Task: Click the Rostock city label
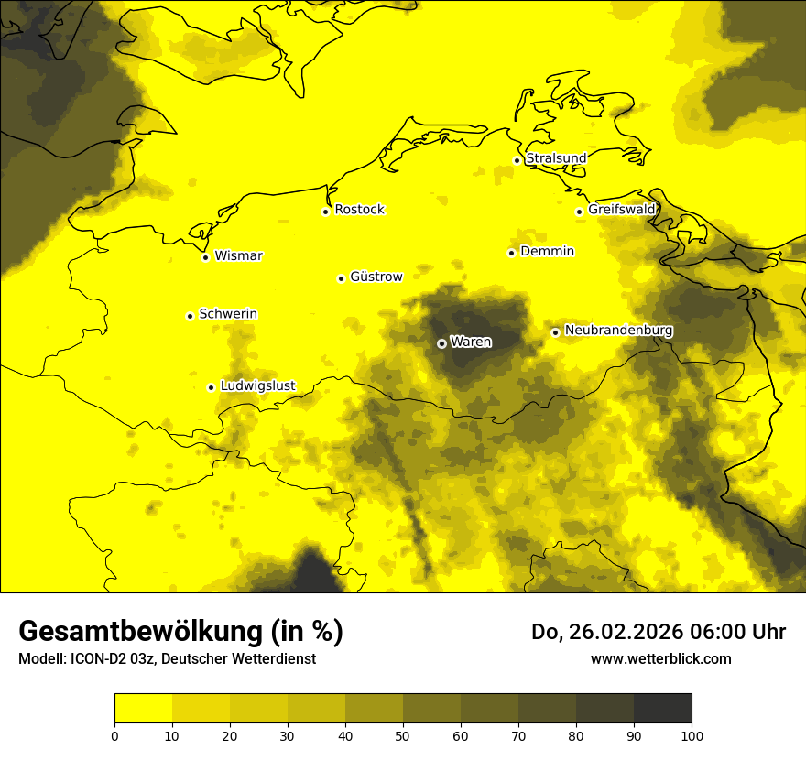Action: pos(359,210)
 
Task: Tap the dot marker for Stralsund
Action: pos(517,160)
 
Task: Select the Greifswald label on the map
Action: pos(622,210)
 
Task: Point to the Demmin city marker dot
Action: pos(511,253)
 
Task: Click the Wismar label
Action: pos(238,255)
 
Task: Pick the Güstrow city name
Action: pos(376,277)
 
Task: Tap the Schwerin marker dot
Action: pos(190,316)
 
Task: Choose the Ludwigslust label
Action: pos(257,385)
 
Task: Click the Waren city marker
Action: pos(441,343)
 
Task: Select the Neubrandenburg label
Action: pos(618,331)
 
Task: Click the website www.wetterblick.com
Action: pos(660,658)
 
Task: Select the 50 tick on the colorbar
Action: pos(403,735)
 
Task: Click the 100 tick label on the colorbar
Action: pos(692,735)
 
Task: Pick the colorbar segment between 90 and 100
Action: pos(662,709)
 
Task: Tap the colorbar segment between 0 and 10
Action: pos(143,709)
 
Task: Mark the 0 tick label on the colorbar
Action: pos(114,735)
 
